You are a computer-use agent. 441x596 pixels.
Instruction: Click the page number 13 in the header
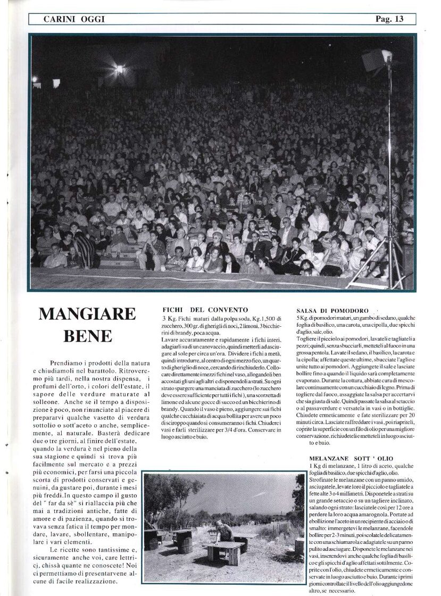[x=398, y=19]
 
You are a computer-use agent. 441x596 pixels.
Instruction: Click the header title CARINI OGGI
[x=74, y=19]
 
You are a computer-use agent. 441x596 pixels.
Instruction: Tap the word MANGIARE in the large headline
[x=87, y=314]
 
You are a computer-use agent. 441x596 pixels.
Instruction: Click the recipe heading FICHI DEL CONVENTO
[x=205, y=310]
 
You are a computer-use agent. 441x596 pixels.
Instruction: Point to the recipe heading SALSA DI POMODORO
[x=332, y=310]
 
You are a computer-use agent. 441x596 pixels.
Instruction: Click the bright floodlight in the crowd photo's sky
[x=119, y=69]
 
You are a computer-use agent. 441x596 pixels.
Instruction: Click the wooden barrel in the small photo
[x=186, y=544]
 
